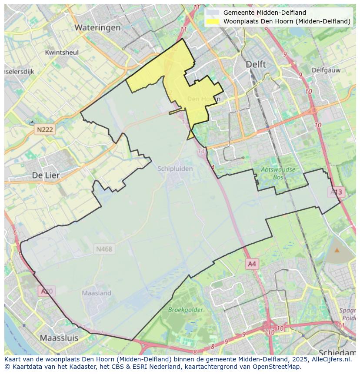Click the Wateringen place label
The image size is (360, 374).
97,27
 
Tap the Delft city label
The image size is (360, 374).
256,64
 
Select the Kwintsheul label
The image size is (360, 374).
62,53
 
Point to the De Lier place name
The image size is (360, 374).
46,175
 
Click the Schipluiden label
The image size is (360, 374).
175,169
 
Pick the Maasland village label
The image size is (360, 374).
97,293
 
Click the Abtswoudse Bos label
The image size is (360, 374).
278,173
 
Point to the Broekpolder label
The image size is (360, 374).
186,310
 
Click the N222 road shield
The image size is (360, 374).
45,129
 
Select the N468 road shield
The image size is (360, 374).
104,249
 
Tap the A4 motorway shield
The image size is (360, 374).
252,264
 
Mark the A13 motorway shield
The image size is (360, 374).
336,192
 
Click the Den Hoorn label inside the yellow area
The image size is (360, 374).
203,99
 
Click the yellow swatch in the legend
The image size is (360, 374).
213,21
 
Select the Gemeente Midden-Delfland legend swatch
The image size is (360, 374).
213,13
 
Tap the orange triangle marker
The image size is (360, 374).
337,250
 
